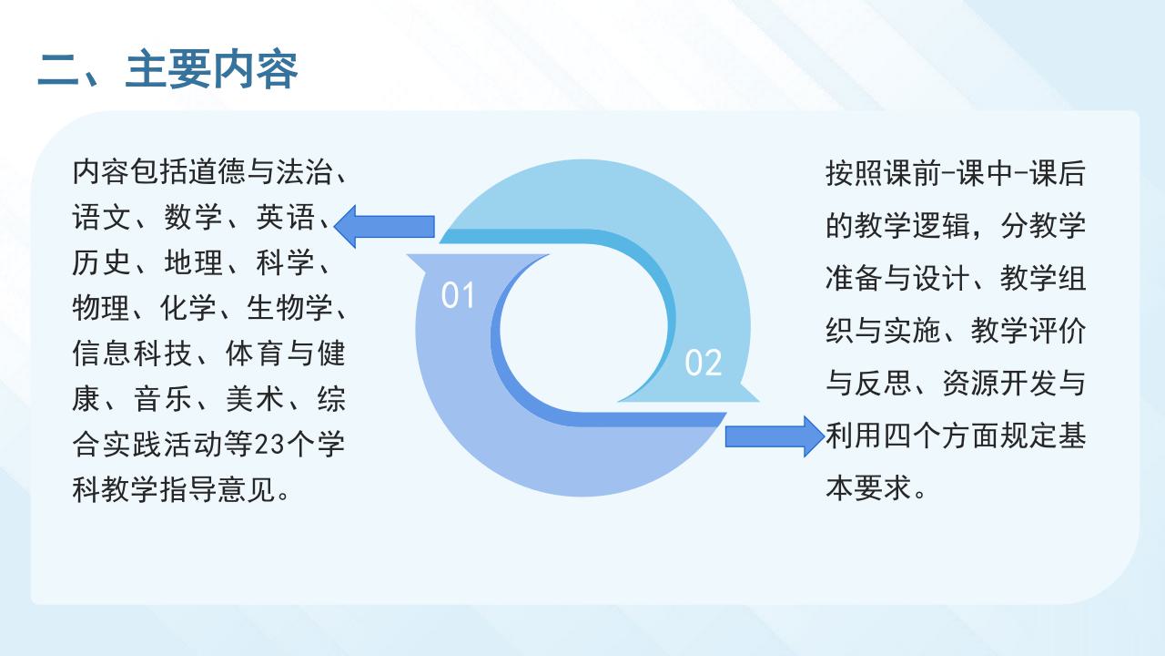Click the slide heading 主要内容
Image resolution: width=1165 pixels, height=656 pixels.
(212, 69)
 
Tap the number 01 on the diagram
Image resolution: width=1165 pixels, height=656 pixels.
(458, 296)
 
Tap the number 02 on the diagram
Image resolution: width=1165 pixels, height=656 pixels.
(704, 363)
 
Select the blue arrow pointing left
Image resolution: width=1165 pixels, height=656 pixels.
(384, 227)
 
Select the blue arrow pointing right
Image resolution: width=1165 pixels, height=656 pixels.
(775, 436)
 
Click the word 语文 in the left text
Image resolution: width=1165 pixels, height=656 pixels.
(101, 217)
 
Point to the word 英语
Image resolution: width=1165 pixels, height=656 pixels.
(285, 217)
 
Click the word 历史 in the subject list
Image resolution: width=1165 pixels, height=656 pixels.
(101, 262)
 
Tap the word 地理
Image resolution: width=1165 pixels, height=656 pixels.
(194, 262)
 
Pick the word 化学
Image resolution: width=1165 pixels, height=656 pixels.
(187, 308)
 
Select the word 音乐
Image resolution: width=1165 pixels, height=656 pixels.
(162, 399)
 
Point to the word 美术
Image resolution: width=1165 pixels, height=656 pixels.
(255, 399)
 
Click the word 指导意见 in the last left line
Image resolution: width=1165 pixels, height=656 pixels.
(218, 489)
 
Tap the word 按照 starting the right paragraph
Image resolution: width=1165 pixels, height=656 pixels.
(854, 173)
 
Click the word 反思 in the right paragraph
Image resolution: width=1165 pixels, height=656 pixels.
(883, 384)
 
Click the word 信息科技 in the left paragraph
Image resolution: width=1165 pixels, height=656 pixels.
(132, 354)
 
